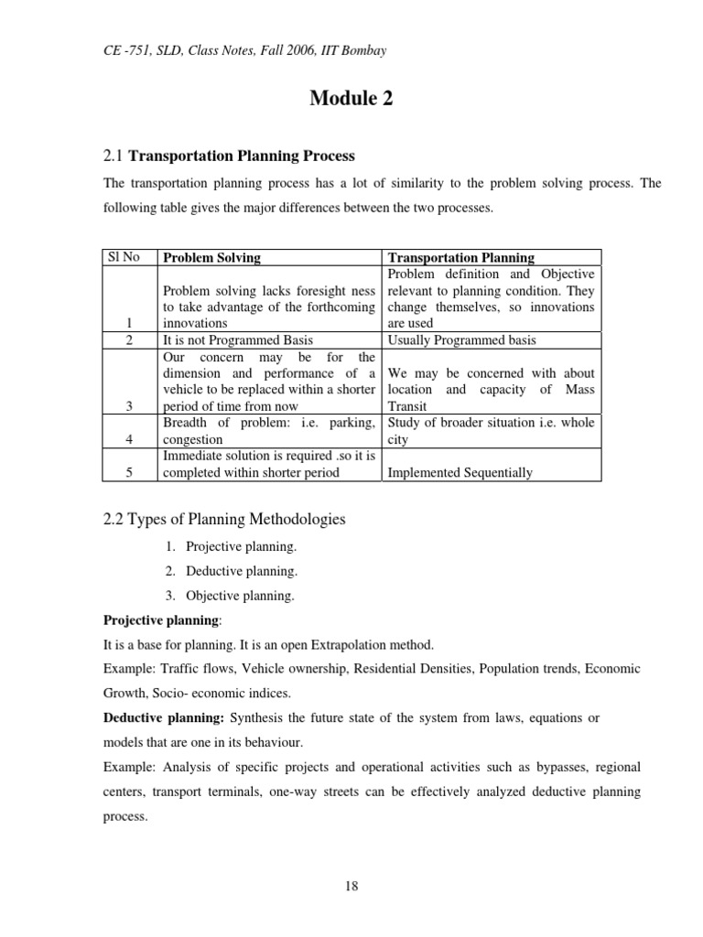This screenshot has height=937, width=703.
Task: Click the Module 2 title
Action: tap(351, 100)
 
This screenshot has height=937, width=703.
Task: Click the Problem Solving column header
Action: tap(211, 258)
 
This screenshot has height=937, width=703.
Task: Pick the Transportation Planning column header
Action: tap(461, 258)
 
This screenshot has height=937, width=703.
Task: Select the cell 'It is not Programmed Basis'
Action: tap(237, 340)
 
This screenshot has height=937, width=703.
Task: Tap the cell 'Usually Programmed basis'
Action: tap(462, 340)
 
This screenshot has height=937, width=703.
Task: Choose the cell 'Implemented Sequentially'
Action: tap(460, 473)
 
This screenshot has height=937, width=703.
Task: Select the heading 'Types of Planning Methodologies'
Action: tap(224, 520)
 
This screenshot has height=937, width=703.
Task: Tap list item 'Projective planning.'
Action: tap(241, 547)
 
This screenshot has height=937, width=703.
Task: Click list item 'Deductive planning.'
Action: tap(241, 571)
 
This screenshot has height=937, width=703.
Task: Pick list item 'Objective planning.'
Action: tap(240, 595)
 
